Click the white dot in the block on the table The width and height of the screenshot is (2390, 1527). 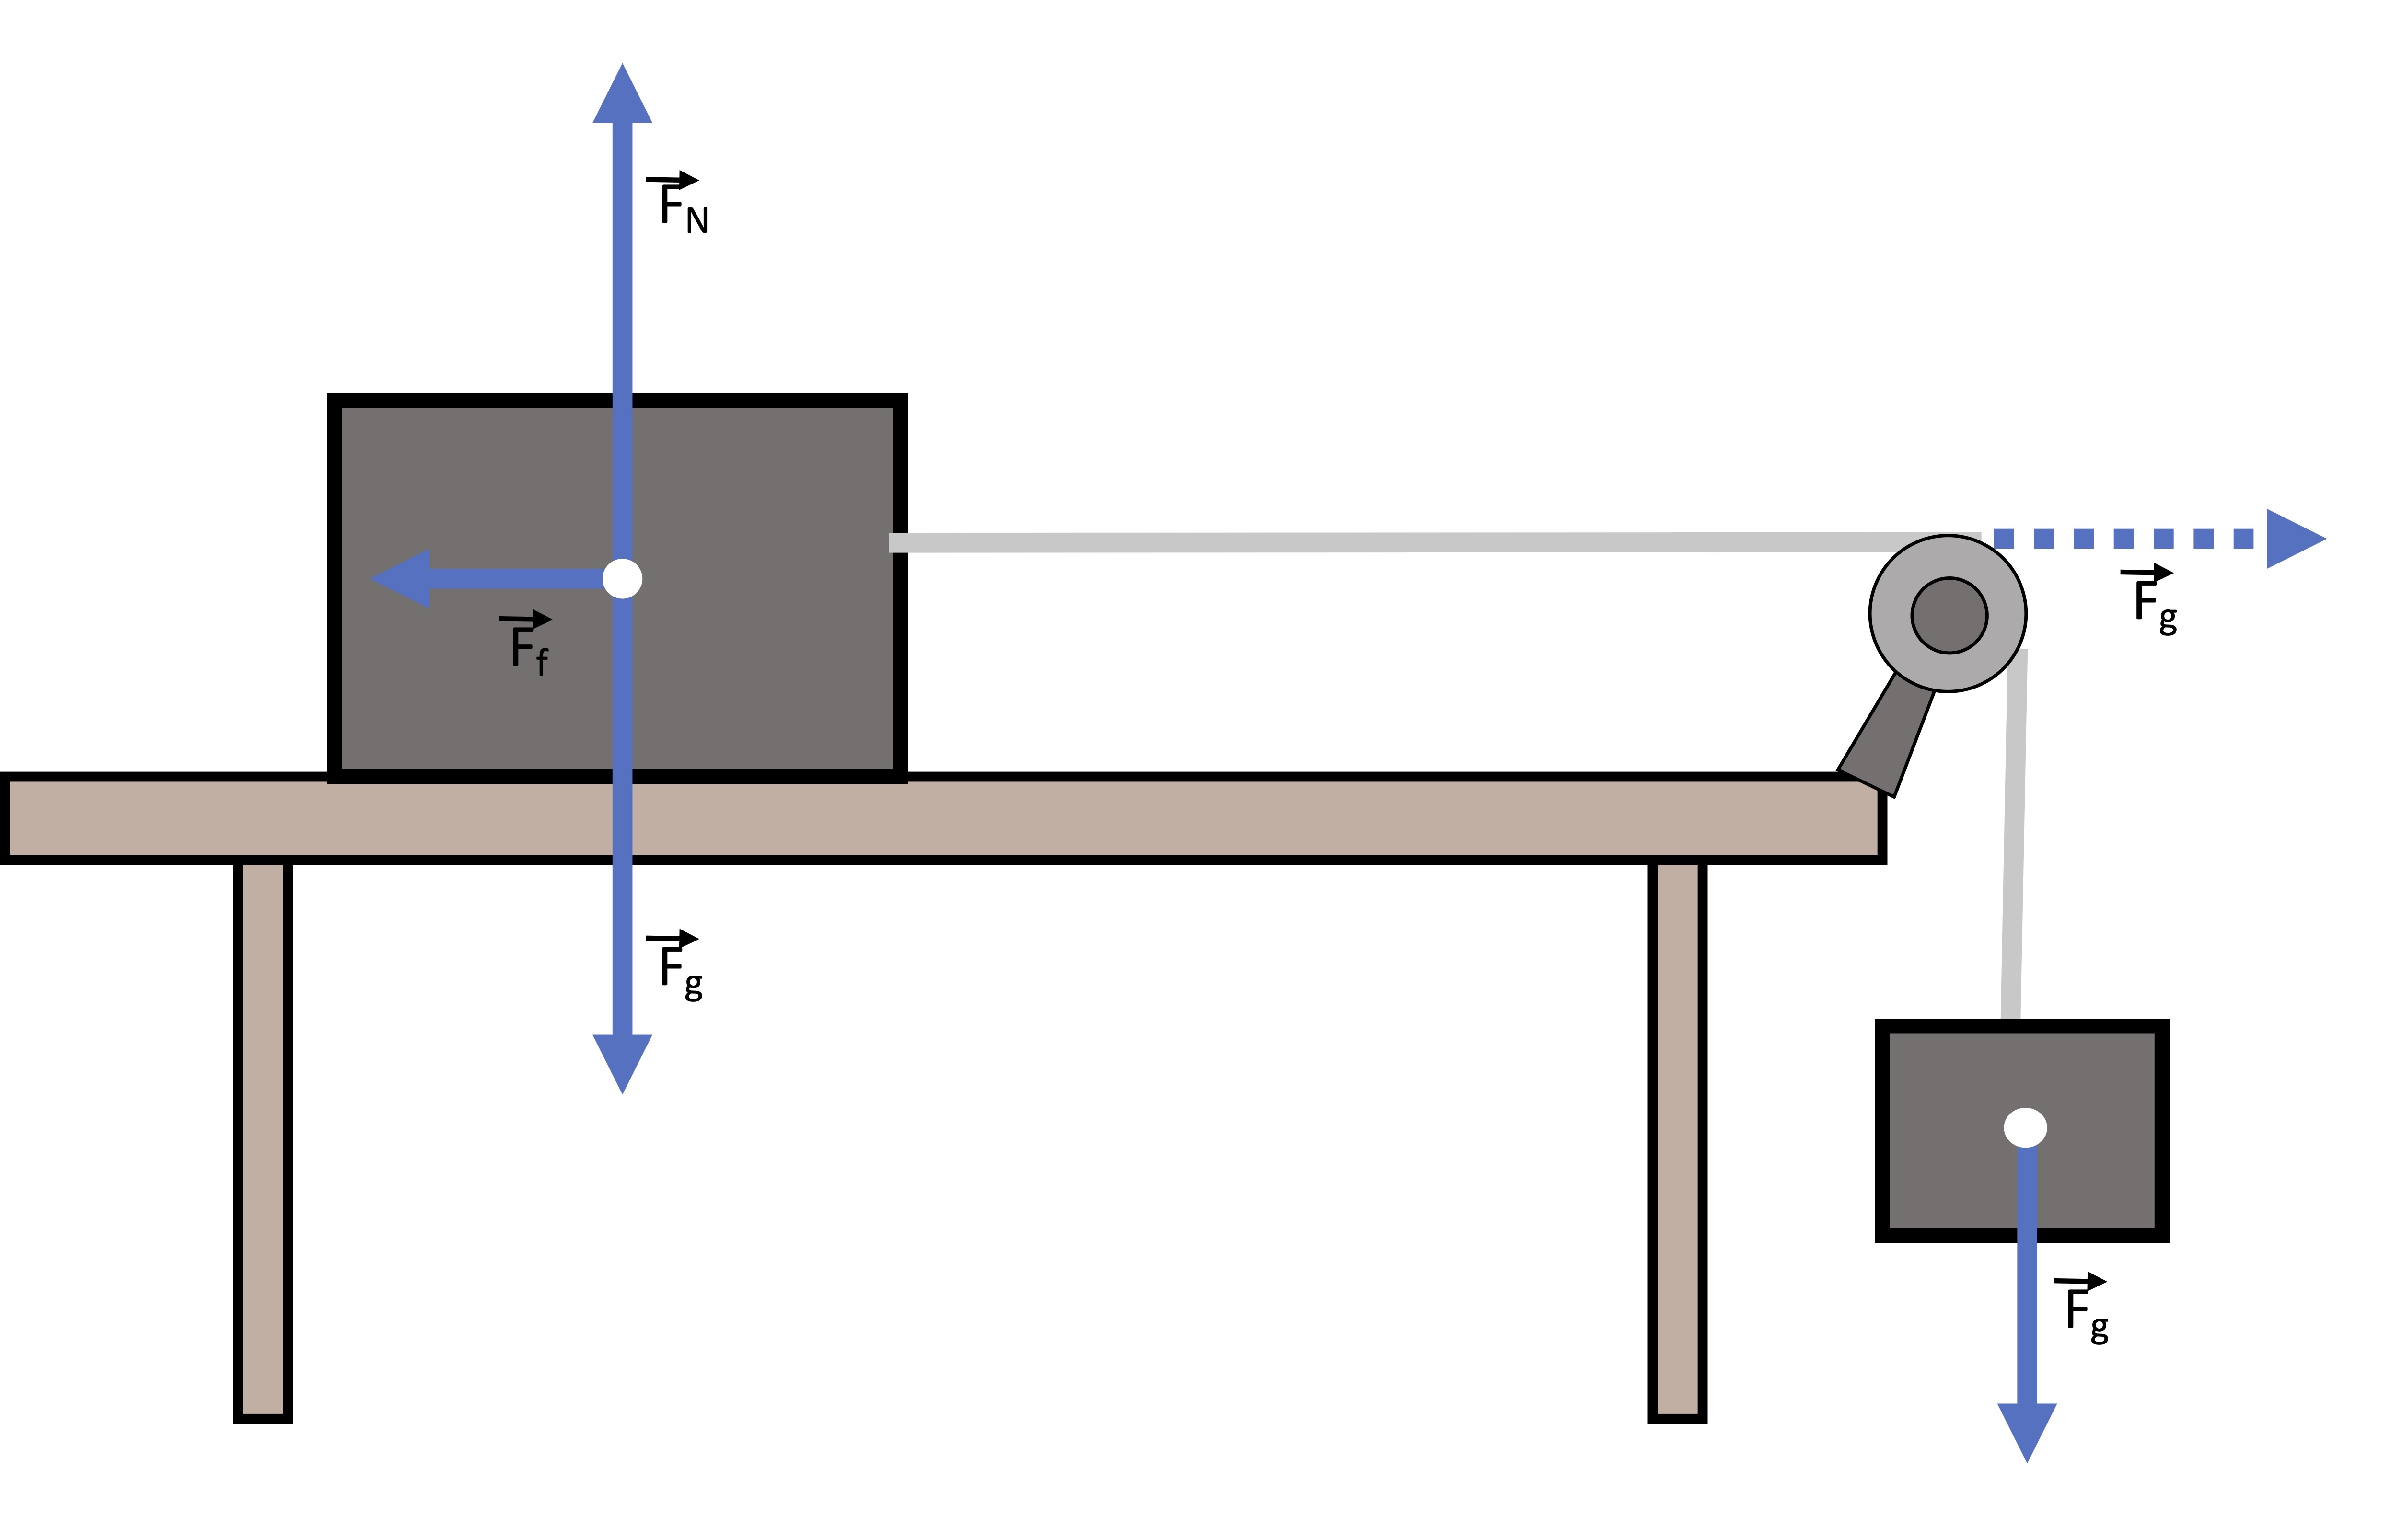[622, 578]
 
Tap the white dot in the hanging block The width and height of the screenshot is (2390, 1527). [2025, 1128]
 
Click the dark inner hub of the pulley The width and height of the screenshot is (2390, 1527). [1949, 615]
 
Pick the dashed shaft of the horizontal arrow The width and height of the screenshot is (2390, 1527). [2124, 539]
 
